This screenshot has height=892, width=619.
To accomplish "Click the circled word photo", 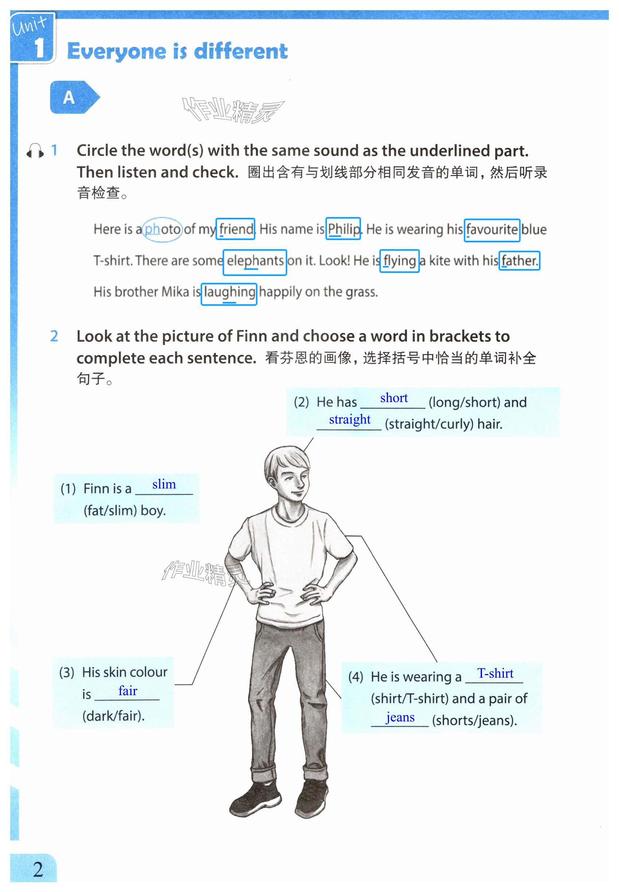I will coord(162,230).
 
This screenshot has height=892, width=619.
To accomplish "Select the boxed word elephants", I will coord(255,261).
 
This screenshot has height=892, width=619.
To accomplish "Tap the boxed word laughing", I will coord(229,292).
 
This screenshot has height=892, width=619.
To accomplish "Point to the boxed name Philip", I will coord(344,229).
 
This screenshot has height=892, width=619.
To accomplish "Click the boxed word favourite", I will coord(492,230).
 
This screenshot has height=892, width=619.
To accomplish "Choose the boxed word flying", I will coord(400,261).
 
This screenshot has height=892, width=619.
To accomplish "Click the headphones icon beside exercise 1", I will coord(35,151).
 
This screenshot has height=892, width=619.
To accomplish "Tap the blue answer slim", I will coord(164,484).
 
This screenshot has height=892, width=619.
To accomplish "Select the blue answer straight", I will coord(350,420).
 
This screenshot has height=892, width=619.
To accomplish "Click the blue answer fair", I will coord(128,691).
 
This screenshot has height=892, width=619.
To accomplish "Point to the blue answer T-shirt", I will coord(495,673).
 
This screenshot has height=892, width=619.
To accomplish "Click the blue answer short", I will coord(394,398).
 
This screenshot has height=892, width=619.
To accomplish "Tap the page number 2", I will coord(38,869).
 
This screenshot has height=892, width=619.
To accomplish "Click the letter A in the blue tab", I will coord(69,97).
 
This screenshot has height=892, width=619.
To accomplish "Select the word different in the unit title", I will coord(241,52).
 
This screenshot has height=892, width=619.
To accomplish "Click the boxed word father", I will coord(519,261).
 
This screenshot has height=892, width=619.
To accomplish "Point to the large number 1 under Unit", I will coord(40,48).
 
